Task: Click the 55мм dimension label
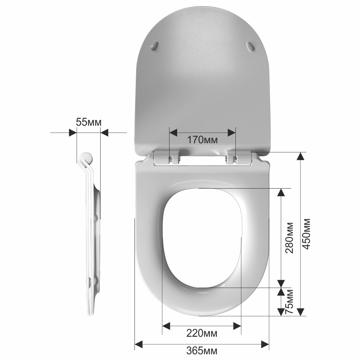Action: [89, 122]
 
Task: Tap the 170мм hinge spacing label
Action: [202, 139]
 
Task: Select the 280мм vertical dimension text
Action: [289, 238]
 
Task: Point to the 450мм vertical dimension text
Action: [306, 234]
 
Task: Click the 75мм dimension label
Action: [289, 301]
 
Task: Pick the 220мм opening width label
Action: [202, 333]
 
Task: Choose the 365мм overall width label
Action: [202, 350]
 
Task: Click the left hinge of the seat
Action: [167, 157]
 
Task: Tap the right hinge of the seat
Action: [239, 157]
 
